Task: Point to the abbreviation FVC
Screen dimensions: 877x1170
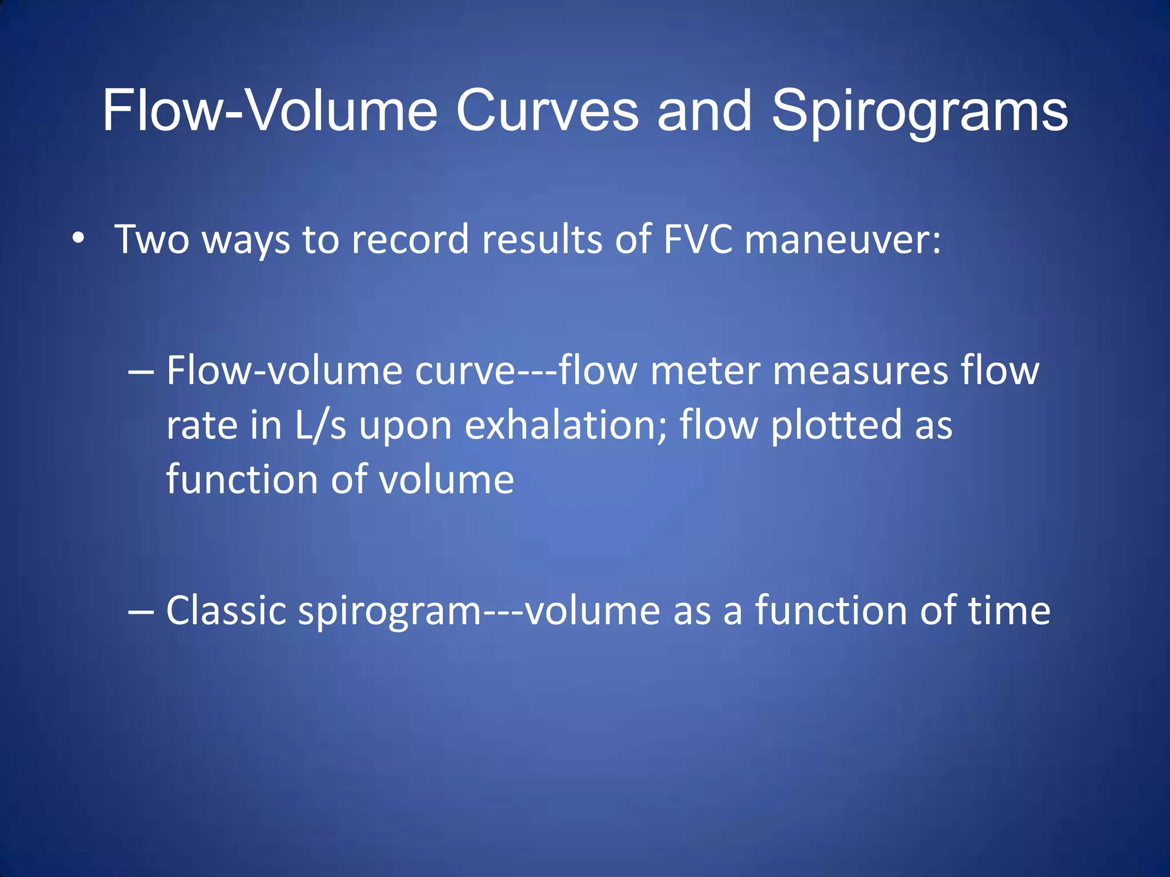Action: coord(698,238)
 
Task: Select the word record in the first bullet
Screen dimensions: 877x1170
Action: coord(410,239)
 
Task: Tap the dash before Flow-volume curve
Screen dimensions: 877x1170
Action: coord(141,372)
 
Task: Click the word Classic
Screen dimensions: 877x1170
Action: coord(226,610)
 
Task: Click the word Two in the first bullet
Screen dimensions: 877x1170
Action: coord(152,239)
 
